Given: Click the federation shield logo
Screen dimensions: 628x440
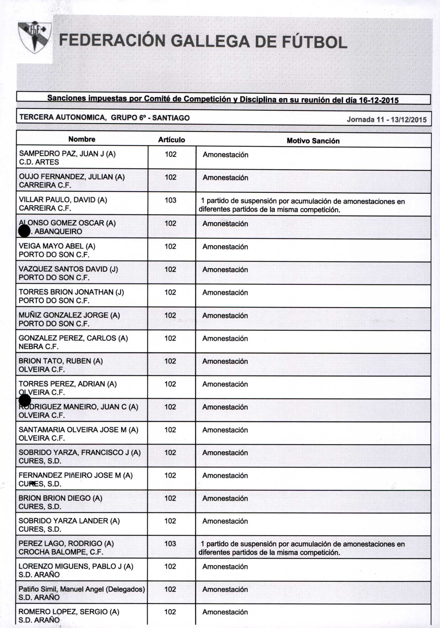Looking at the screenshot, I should pyautogui.click(x=35, y=38).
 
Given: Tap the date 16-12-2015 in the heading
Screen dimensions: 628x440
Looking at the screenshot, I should pyautogui.click(x=379, y=100).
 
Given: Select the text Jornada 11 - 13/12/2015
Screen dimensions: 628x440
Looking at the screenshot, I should pyautogui.click(x=386, y=119).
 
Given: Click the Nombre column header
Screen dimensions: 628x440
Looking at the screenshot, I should pyautogui.click(x=82, y=139).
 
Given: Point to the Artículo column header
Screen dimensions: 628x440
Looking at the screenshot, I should pyautogui.click(x=171, y=140).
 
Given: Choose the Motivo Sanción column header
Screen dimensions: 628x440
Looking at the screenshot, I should pyautogui.click(x=313, y=141).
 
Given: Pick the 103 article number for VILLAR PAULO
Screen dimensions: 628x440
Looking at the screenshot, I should pyautogui.click(x=170, y=200).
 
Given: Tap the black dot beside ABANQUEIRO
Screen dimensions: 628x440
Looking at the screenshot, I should pyautogui.click(x=24, y=231).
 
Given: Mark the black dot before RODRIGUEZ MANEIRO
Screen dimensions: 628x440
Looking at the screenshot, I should pyautogui.click(x=25, y=401).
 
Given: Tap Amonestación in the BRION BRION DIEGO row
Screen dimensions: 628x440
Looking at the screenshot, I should pyautogui.click(x=225, y=498).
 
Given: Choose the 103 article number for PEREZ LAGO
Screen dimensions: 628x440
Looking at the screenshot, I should pyautogui.click(x=170, y=544).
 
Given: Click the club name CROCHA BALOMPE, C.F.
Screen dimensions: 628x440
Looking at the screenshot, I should pyautogui.click(x=61, y=552).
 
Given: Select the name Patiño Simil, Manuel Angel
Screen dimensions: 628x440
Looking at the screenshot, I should pyautogui.click(x=82, y=589).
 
